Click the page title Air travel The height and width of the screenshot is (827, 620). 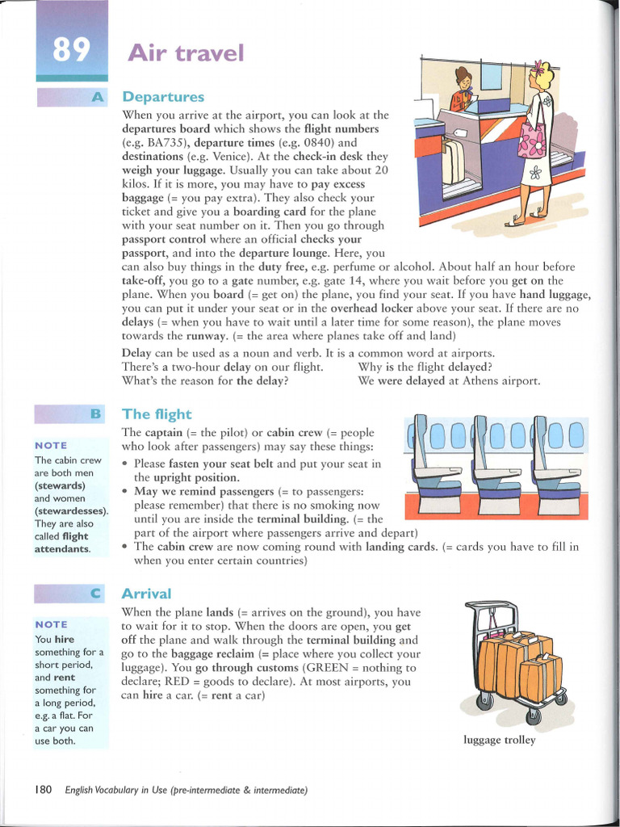click(x=185, y=53)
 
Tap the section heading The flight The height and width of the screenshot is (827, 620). click(x=157, y=414)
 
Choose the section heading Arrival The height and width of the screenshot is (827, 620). click(x=145, y=594)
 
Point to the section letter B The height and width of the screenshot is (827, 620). click(x=96, y=414)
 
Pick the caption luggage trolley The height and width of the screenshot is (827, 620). click(x=499, y=740)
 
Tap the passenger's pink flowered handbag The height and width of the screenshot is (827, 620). click(x=531, y=139)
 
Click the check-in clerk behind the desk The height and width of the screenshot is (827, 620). click(x=463, y=90)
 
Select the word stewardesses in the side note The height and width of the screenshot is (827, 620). click(x=71, y=511)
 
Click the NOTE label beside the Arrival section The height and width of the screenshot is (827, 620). click(x=51, y=624)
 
